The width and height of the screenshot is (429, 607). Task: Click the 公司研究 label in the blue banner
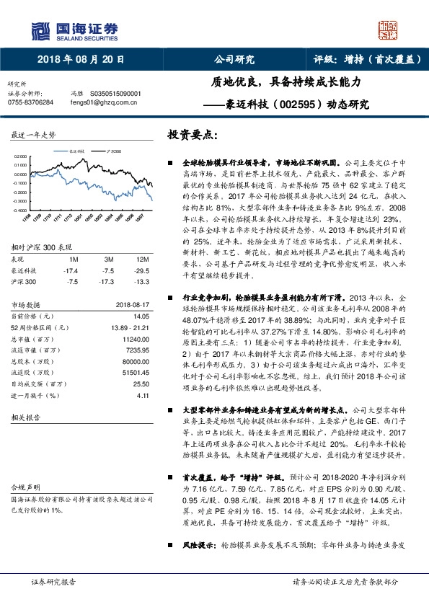coord(234,60)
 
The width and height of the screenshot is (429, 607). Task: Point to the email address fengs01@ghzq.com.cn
coord(102,103)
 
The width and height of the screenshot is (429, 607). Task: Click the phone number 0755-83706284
coord(30,103)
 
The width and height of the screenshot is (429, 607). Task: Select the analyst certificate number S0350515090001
coord(115,94)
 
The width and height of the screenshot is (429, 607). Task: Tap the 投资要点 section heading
coord(192,135)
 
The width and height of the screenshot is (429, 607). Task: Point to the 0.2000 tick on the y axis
coord(21,156)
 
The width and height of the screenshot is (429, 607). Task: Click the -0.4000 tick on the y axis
coord(20,211)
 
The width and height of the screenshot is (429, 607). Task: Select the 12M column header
coord(142,258)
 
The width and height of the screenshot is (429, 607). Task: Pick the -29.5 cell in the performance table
coord(142,270)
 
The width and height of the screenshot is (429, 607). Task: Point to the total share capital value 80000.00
coord(134,362)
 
